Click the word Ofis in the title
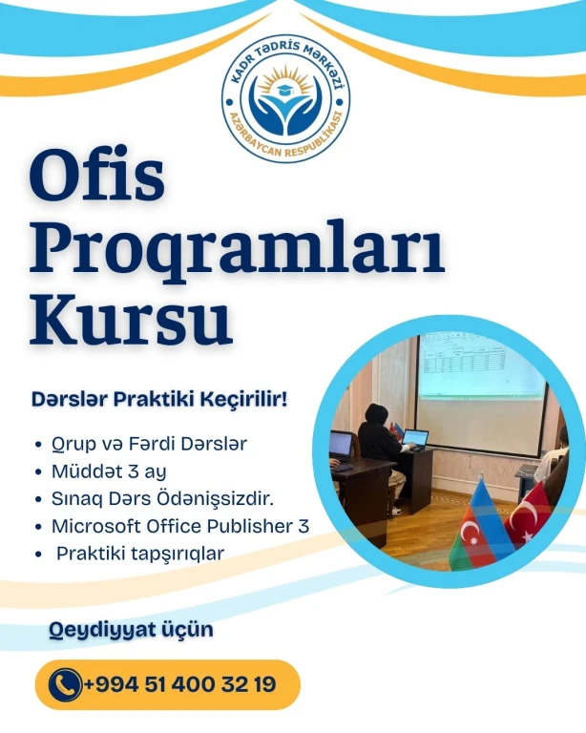97,178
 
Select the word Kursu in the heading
131,318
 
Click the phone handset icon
65,685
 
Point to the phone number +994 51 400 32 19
180,685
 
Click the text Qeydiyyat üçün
132,630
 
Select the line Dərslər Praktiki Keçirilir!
159,400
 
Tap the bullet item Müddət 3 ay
109,471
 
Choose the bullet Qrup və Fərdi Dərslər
149,444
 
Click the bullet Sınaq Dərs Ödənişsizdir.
162,499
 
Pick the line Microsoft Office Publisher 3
180,527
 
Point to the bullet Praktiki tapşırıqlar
140,554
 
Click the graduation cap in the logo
285,89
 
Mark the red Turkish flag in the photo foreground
533,514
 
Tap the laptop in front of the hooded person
415,439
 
